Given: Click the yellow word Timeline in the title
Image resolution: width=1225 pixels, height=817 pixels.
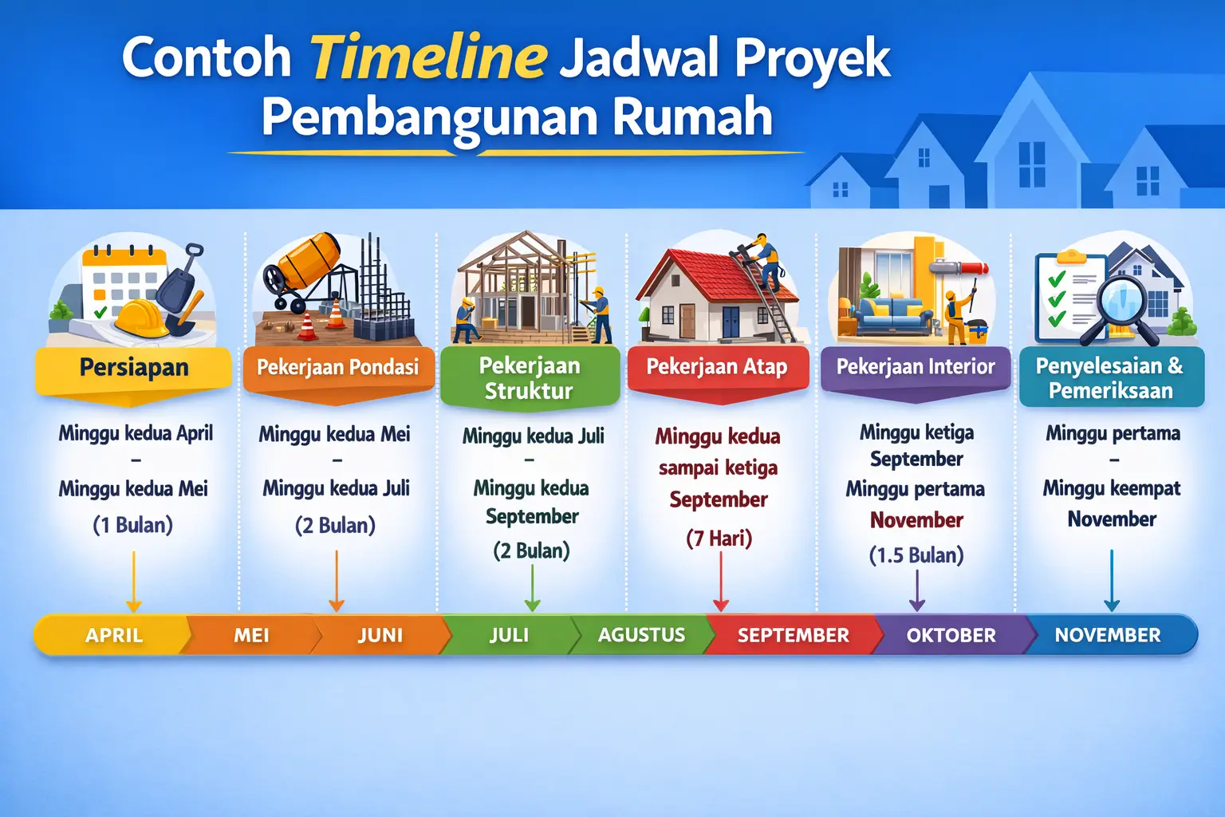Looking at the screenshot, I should click(x=428, y=57).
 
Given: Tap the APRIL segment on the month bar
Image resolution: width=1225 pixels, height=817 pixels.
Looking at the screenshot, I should click(x=114, y=635).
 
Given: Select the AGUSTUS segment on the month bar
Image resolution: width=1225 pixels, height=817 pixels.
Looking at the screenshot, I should click(x=641, y=635).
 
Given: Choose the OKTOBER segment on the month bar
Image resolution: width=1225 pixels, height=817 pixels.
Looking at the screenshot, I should click(x=951, y=635).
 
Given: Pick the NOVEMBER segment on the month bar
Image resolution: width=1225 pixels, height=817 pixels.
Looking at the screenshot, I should click(x=1107, y=635).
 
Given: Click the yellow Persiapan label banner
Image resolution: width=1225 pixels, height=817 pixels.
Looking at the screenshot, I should click(x=134, y=369).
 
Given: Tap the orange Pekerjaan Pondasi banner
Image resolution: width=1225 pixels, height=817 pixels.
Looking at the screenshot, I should click(x=337, y=368).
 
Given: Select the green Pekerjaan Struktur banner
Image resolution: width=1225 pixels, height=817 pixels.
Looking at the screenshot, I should click(x=530, y=378).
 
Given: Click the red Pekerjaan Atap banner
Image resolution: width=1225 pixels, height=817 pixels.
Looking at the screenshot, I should click(x=716, y=367).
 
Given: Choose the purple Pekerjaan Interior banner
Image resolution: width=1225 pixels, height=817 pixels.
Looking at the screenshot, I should click(x=916, y=367).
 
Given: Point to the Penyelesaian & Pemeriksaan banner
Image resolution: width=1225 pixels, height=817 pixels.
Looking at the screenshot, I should click(x=1110, y=378).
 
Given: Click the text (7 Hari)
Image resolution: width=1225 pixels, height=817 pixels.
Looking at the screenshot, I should click(x=719, y=539).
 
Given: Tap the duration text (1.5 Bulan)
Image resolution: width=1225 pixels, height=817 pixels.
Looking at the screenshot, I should click(x=916, y=555).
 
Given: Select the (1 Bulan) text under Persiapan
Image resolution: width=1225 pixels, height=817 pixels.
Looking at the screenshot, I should click(x=132, y=525).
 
